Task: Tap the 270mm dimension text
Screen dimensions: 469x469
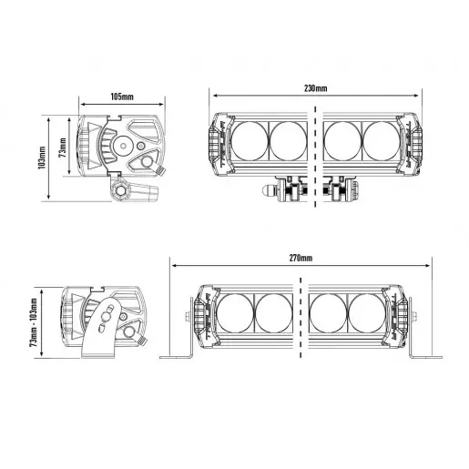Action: tap(301, 259)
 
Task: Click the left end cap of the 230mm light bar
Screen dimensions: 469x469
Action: tap(216, 142)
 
